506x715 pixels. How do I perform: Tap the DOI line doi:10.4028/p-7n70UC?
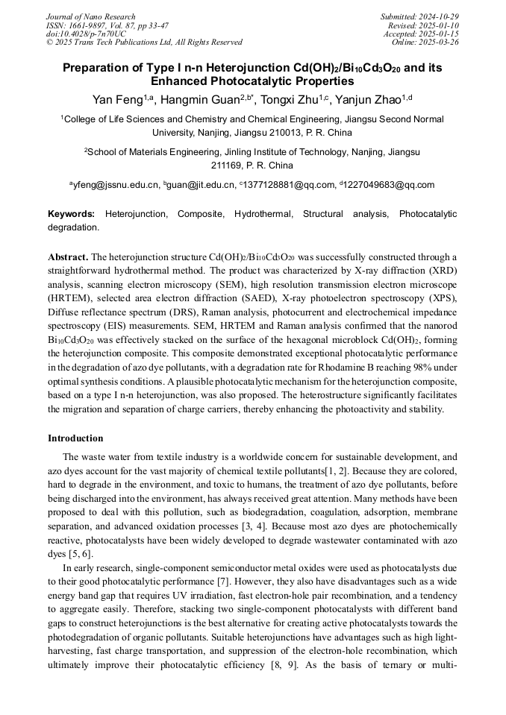[x=86, y=34]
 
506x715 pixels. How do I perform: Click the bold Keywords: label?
[x=72, y=214]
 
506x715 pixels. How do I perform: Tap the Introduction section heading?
[x=75, y=438]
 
